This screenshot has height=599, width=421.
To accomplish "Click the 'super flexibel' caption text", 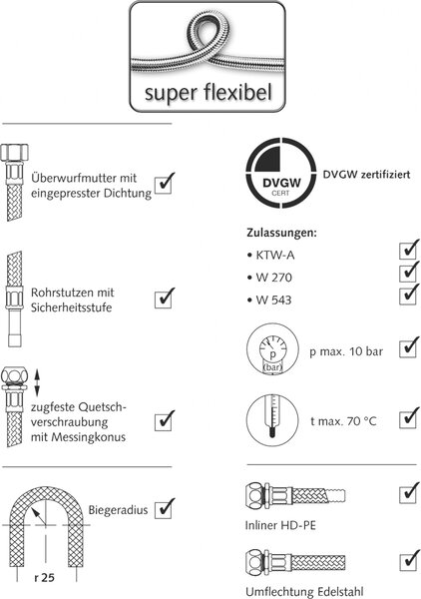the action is (209, 93).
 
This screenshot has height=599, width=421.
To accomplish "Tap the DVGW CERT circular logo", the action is (281, 173).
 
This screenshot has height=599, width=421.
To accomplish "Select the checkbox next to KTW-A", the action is (408, 251).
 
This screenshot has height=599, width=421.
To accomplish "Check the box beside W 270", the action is (408, 273).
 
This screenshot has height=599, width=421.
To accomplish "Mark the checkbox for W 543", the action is (408, 295).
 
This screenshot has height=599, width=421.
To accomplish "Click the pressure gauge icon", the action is (272, 351).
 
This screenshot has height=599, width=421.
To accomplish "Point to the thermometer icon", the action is (272, 420).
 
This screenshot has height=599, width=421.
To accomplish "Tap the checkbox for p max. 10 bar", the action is (408, 347).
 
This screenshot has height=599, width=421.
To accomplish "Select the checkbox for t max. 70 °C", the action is (408, 418).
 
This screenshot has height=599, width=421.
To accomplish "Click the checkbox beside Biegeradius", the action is (165, 509).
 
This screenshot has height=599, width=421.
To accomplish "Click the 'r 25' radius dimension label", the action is (44, 578).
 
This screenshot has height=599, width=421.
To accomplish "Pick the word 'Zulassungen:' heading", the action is (281, 233).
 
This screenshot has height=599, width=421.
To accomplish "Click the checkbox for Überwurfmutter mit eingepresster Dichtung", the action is (165, 184).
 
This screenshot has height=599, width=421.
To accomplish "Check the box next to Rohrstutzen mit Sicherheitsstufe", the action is (165, 299).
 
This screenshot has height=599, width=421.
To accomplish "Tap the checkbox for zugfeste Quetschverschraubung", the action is (165, 421).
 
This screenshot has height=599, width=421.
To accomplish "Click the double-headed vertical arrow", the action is (37, 382).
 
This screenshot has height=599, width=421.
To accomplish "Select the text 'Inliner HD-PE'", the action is (280, 525).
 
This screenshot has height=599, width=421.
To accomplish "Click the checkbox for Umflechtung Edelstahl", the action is (408, 560).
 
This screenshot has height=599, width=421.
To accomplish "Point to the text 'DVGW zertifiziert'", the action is (366, 175).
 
